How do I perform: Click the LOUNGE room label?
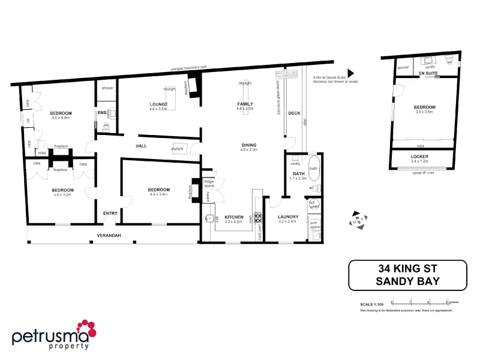click(x=158, y=104)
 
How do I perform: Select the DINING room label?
click(x=249, y=145)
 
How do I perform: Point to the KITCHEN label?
click(x=234, y=217)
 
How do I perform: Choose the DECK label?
click(x=294, y=113)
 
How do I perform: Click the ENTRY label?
click(x=110, y=213)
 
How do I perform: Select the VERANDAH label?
click(x=109, y=235)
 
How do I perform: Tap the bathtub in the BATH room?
click(x=314, y=169)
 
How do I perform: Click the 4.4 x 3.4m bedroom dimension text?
click(x=158, y=194)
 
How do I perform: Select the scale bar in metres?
click(x=420, y=301)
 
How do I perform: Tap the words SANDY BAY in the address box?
click(x=408, y=280)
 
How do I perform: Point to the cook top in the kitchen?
click(x=259, y=218)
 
